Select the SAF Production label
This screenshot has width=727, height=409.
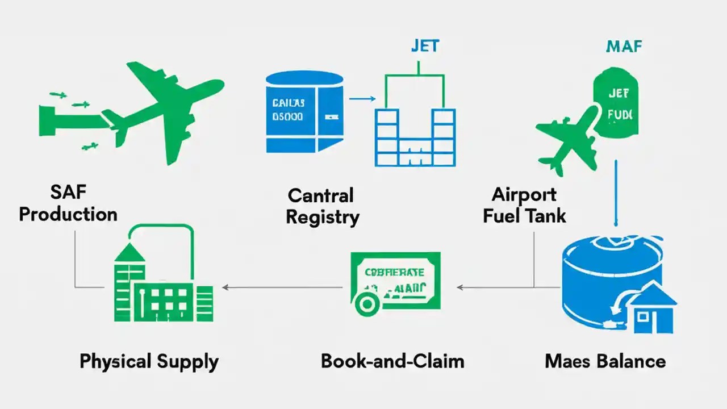(x=68, y=203)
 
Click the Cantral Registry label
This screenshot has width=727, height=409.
(x=322, y=206)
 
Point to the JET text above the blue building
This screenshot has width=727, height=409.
(x=425, y=45)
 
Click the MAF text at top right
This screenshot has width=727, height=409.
(x=624, y=46)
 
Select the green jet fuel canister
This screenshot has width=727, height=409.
(x=616, y=105)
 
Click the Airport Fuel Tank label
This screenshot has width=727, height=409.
(x=524, y=205)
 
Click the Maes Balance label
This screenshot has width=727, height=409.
(x=605, y=361)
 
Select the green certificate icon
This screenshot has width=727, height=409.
(x=395, y=281)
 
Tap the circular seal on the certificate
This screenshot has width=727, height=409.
(x=367, y=304)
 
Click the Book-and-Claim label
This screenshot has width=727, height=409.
(x=392, y=361)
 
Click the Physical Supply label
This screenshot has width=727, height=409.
(x=149, y=361)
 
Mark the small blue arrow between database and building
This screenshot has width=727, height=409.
(x=362, y=99)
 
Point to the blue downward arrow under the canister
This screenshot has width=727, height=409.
(x=616, y=193)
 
